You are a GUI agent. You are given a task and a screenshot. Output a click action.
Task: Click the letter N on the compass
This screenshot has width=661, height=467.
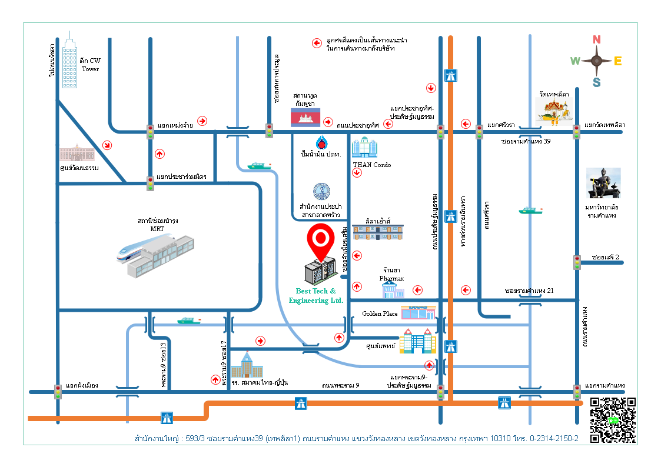596,40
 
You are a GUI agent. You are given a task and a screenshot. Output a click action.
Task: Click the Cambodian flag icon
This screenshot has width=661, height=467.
305,117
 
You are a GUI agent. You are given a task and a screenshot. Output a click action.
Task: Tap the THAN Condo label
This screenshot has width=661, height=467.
371,165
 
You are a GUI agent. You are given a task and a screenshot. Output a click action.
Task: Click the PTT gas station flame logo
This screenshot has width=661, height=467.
321,143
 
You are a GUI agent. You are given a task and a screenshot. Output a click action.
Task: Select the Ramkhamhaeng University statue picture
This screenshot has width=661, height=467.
604,183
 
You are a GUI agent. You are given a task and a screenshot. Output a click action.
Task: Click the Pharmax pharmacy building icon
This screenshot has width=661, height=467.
393,289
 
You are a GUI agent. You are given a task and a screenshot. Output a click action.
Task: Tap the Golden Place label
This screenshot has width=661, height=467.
380,313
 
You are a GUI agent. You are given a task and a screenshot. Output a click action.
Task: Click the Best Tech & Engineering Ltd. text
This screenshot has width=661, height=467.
316,296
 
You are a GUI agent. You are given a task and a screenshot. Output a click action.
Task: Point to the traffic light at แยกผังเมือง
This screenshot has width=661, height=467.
58,391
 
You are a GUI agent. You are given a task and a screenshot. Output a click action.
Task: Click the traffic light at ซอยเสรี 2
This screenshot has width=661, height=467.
577,262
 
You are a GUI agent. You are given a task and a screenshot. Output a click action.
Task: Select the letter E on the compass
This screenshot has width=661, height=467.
618,61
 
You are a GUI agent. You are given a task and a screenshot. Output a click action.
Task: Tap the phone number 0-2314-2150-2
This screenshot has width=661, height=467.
554,439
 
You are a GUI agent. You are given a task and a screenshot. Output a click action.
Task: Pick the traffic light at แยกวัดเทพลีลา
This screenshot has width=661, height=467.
577,132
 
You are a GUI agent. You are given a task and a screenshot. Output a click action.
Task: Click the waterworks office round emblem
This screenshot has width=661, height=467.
321,191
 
